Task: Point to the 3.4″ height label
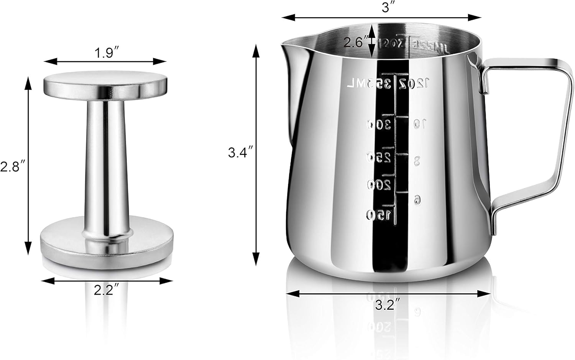pyautogui.click(x=240, y=153)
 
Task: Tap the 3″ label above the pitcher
pyautogui.click(x=386, y=8)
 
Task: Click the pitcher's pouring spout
pyautogui.click(x=289, y=46)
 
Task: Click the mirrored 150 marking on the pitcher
pyautogui.click(x=379, y=214)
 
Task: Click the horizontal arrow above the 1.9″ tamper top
pyautogui.click(x=105, y=61)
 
